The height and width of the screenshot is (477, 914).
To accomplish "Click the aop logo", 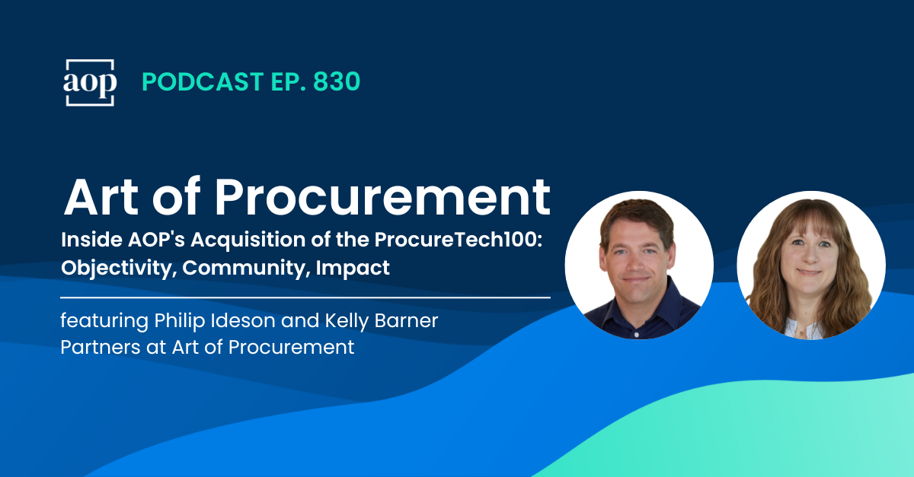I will (x=90, y=82).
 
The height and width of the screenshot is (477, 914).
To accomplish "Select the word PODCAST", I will (x=193, y=82).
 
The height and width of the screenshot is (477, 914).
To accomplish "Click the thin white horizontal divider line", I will (x=305, y=297).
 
